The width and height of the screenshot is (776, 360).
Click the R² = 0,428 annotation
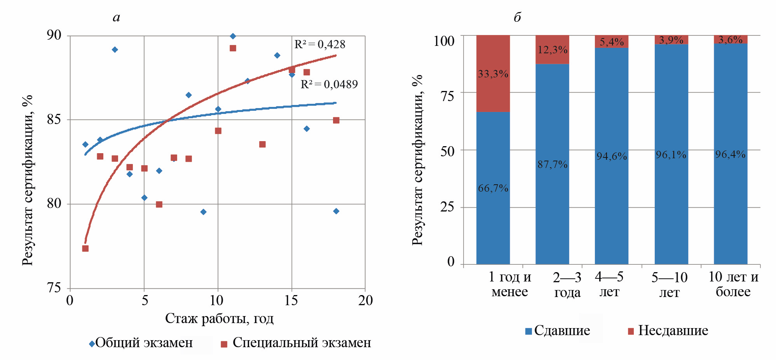pyautogui.click(x=319, y=45)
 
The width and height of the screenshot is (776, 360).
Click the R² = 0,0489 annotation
pyautogui.click(x=329, y=84)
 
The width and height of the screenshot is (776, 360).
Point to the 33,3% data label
pyautogui.click(x=493, y=74)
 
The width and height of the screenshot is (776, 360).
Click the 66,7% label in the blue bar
pyautogui.click(x=493, y=188)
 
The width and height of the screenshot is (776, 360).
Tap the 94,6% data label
pyautogui.click(x=612, y=156)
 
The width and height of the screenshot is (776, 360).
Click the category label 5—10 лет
pyautogui.click(x=670, y=285)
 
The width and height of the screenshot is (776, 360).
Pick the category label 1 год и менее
pyautogui.click(x=509, y=284)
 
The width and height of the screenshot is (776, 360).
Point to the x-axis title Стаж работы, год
pyautogui.click(x=219, y=318)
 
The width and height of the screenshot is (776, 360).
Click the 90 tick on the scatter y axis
pyautogui.click(x=54, y=35)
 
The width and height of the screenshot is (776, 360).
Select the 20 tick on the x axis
pyautogui.click(x=365, y=301)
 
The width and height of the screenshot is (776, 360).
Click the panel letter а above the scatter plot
pyautogui.click(x=116, y=17)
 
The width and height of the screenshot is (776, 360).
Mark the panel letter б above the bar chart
pyautogui.click(x=517, y=17)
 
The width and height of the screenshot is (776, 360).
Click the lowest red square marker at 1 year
pyautogui.click(x=85, y=248)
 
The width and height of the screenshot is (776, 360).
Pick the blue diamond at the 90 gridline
pyautogui.click(x=233, y=36)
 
